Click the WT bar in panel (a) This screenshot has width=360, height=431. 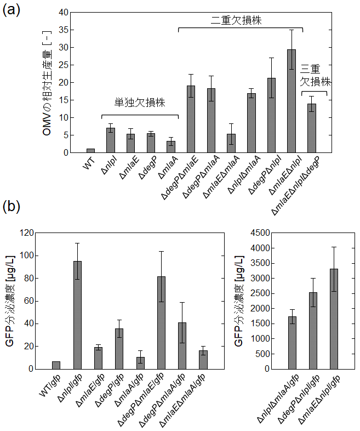[90, 150]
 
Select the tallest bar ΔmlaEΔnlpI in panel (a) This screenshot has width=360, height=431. [292, 101]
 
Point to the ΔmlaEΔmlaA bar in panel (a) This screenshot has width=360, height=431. [231, 143]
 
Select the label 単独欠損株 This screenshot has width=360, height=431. [139, 103]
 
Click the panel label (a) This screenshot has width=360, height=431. [13, 10]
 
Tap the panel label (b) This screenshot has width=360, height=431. [13, 207]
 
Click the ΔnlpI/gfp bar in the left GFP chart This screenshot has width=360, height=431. [77, 315]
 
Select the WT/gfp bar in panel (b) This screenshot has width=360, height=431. [56, 365]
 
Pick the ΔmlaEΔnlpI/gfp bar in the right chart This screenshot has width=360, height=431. [335, 319]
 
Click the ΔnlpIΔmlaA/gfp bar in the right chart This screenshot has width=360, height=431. [293, 343]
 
